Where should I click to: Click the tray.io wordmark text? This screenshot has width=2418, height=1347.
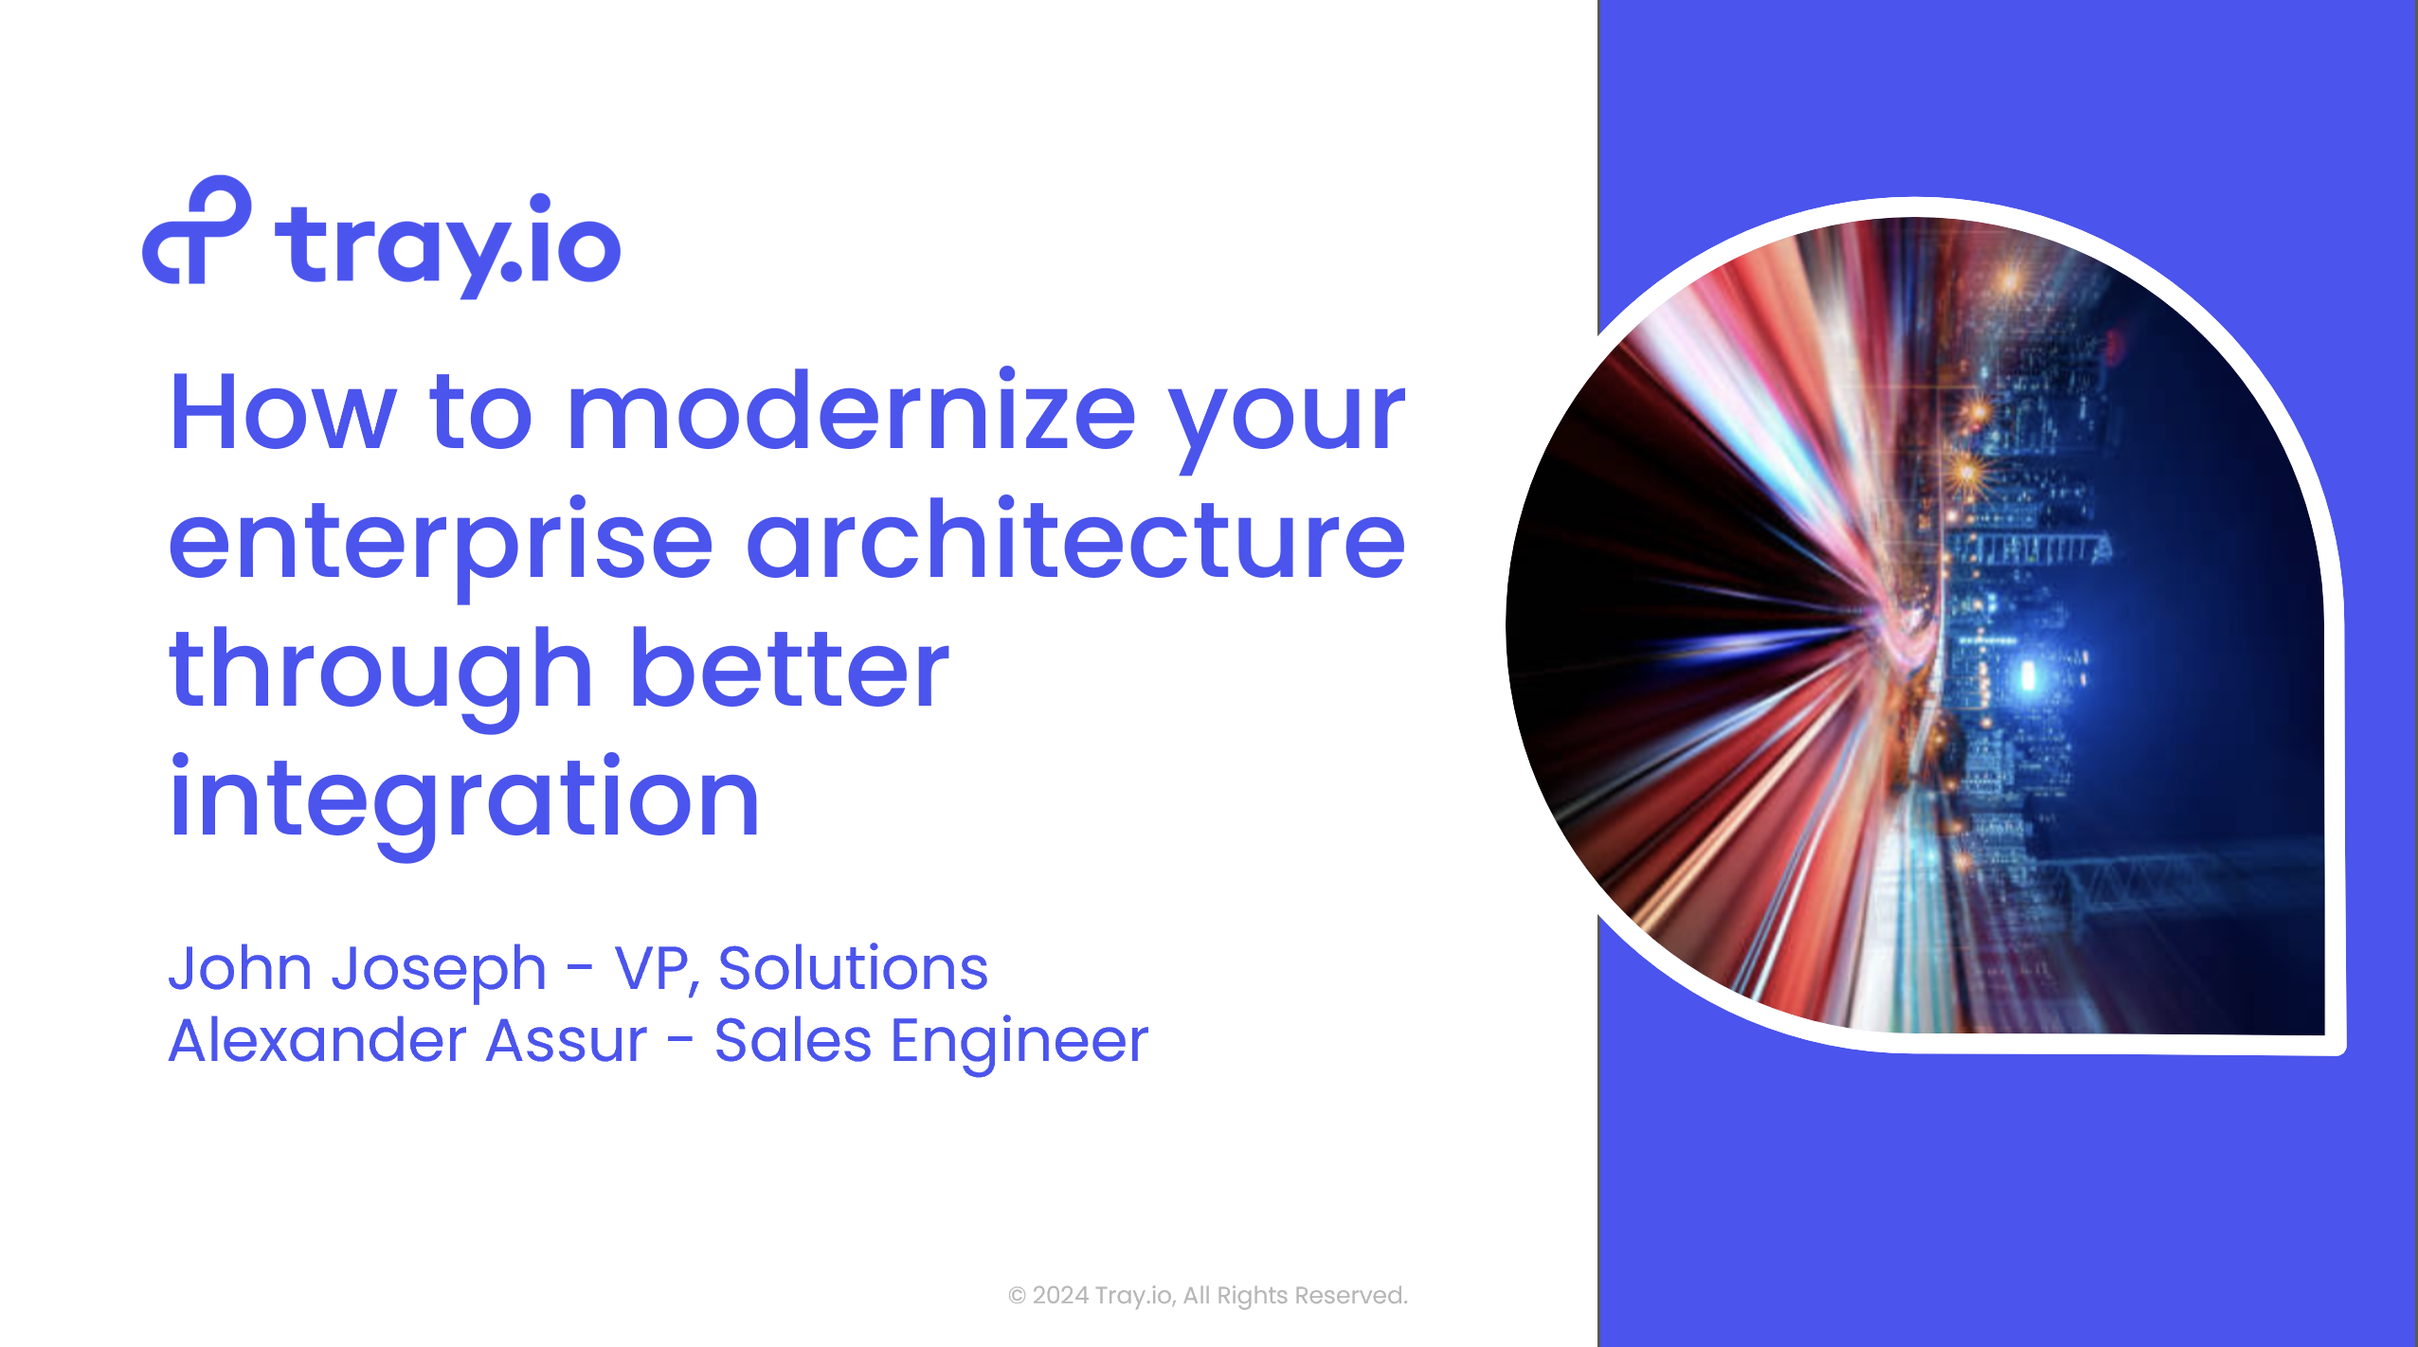click(x=447, y=244)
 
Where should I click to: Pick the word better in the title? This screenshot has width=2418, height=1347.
click(x=789, y=667)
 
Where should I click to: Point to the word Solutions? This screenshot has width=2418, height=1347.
click(x=853, y=968)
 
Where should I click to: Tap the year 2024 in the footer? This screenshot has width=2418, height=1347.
click(x=1060, y=1295)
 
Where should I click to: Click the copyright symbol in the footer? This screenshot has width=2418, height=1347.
click(x=1017, y=1296)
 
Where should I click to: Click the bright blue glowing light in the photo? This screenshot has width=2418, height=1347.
click(x=2029, y=675)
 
